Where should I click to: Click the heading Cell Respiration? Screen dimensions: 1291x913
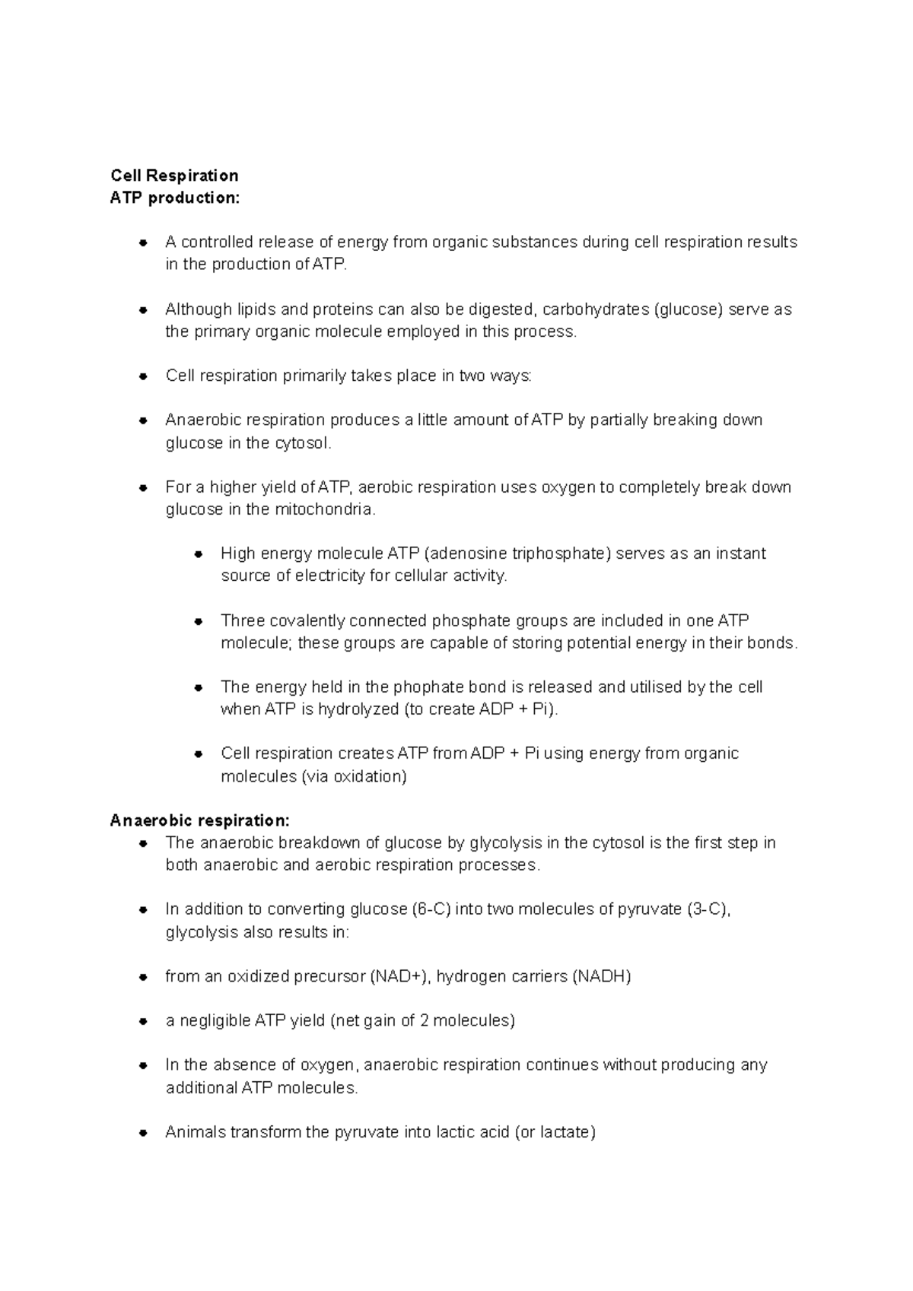coord(174,176)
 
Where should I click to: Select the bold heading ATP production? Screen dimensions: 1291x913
coord(174,198)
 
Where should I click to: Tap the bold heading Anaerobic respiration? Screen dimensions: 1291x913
coord(199,820)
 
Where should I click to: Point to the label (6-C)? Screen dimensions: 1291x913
coord(431,909)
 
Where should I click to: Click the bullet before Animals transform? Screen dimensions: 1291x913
coord(142,1133)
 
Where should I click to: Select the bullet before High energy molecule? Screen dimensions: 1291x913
coord(198,554)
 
